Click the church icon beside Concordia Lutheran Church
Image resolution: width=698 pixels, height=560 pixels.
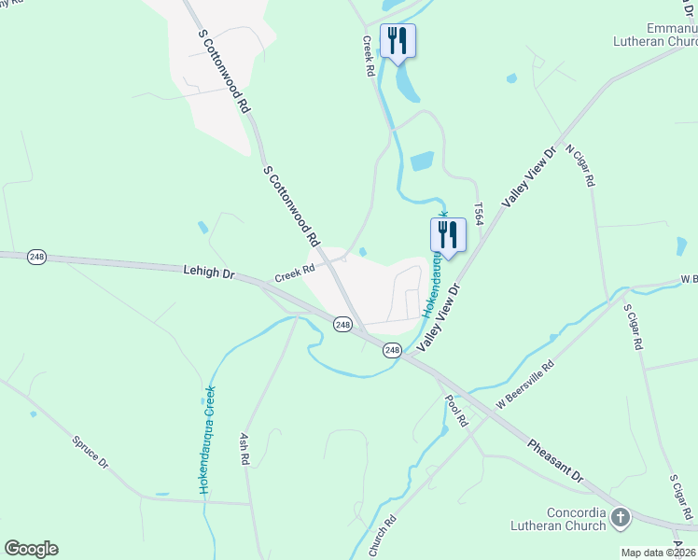620,515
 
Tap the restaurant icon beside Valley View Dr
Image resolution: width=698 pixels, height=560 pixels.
448,236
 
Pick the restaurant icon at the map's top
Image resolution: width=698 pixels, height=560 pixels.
398,42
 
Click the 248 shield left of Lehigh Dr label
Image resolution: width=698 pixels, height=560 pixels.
36,258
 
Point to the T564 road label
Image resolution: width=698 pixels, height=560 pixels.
479,214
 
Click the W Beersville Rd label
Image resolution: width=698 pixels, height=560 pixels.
525,384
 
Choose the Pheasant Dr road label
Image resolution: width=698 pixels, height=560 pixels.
555,461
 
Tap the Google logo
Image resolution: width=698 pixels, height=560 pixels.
31,549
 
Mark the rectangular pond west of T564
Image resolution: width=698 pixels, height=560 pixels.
422,161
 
